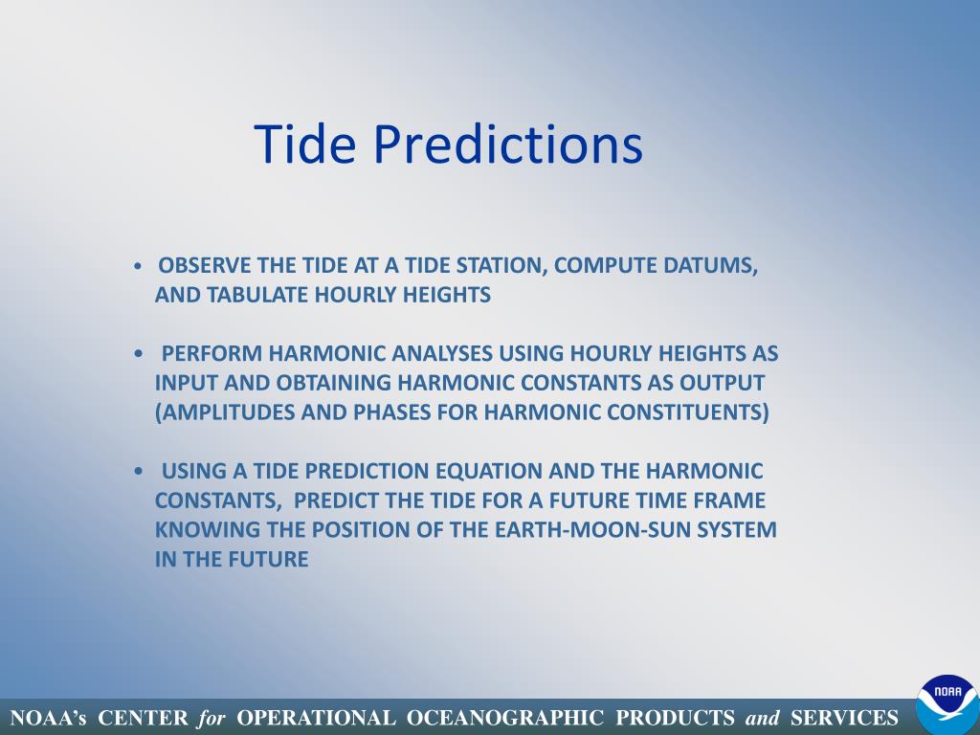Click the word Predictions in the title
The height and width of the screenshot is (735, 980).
508,144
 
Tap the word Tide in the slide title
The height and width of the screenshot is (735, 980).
305,144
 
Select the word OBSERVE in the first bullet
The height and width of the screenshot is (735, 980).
205,265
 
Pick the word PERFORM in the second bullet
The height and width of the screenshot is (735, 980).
212,353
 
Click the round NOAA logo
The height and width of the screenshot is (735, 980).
947,704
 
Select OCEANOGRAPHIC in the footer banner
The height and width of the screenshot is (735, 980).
505,718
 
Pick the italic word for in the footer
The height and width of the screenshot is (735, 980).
212,718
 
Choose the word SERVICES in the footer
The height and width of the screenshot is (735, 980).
844,718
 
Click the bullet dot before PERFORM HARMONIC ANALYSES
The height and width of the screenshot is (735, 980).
138,354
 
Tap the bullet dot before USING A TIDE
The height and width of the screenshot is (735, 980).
138,471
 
